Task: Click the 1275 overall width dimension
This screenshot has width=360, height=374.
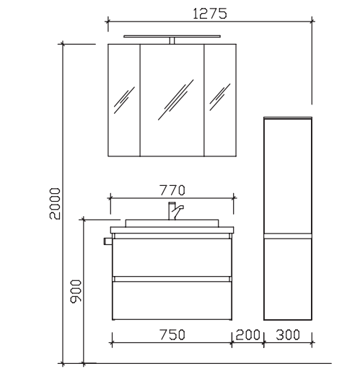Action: (210, 14)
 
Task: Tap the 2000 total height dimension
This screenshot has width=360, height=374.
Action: (55, 204)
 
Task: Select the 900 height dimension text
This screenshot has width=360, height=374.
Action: (76, 291)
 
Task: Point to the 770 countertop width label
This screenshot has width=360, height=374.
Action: (172, 190)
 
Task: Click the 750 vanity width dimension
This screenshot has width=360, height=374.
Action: (172, 334)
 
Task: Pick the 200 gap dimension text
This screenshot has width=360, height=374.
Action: (247, 334)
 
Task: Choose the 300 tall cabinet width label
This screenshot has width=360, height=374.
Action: (288, 334)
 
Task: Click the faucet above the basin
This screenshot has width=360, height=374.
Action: (175, 211)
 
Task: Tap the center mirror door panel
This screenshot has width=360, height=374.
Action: (172, 100)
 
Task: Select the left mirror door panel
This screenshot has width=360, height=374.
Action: (124, 100)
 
